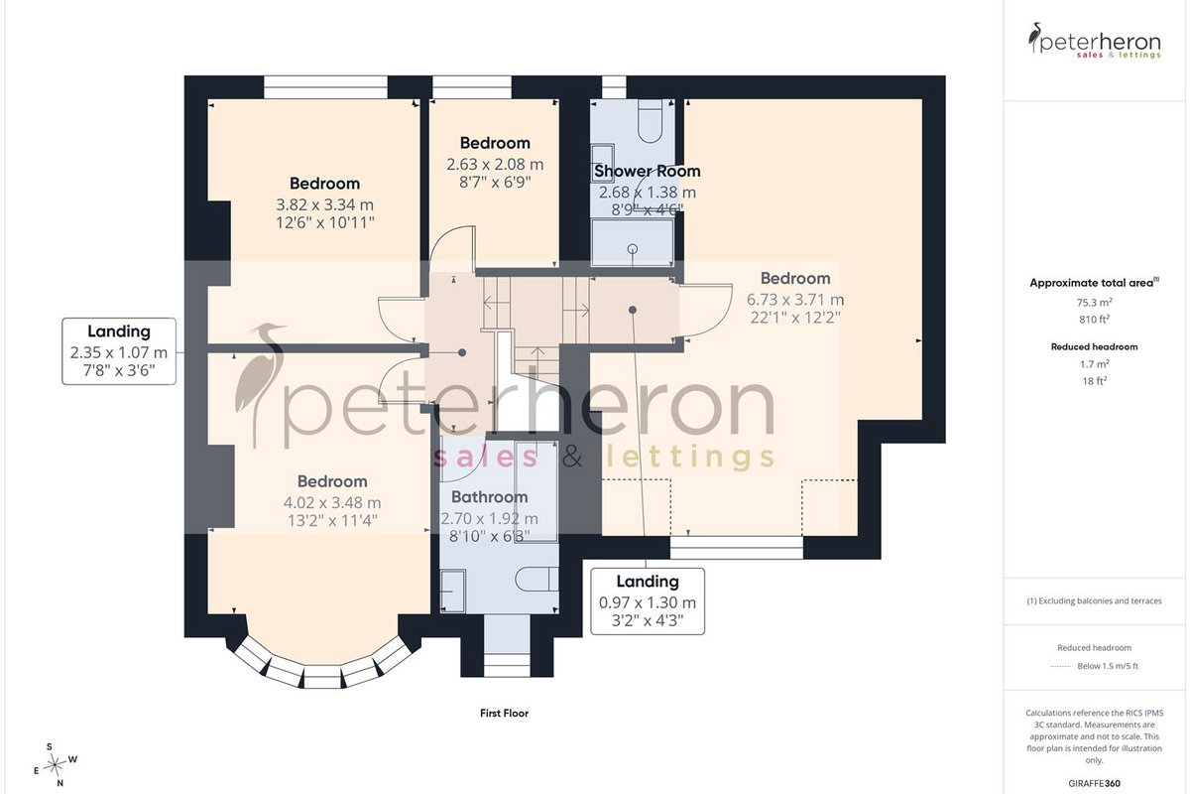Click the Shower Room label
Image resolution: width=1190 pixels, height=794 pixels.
point(647,172)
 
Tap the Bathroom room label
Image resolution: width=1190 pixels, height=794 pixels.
point(489,497)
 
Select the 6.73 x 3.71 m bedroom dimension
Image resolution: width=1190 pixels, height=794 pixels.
point(795,300)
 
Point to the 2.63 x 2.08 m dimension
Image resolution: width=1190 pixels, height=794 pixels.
point(495,165)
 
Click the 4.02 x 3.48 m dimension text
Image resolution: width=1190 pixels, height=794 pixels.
point(332,502)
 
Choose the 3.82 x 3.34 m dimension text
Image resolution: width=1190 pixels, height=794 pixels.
point(324,204)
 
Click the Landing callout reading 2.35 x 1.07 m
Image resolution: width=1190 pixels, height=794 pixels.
point(119,351)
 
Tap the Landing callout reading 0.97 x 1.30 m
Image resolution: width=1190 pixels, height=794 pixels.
point(648,601)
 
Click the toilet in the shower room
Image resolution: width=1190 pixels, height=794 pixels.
point(650,121)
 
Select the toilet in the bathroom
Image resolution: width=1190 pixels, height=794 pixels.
point(536,579)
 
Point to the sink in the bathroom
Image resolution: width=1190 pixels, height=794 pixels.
point(453,592)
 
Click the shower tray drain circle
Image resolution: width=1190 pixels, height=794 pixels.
point(633,248)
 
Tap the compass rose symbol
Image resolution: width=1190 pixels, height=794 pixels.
point(56,765)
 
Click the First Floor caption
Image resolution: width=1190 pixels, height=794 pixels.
point(504,714)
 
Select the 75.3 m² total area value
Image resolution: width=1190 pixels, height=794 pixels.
point(1095,303)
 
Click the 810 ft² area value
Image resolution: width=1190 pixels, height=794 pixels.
point(1095,320)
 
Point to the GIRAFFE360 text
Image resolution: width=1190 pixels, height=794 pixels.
point(1095,783)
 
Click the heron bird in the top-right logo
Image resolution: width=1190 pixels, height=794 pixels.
point(1033,38)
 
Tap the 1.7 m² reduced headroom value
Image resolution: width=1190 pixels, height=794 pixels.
point(1095,364)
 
